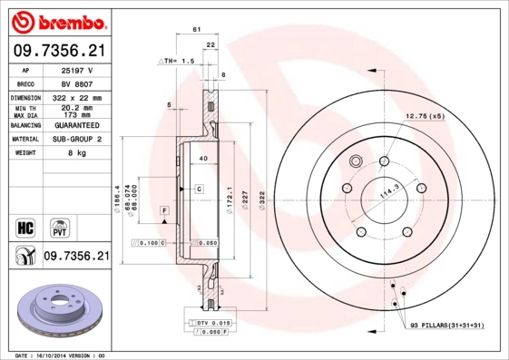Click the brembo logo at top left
[x=56, y=20]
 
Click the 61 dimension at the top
[x=197, y=31]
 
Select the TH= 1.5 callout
[x=178, y=61]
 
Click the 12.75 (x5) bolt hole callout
[x=425, y=116]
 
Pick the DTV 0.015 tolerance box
[x=210, y=323]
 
